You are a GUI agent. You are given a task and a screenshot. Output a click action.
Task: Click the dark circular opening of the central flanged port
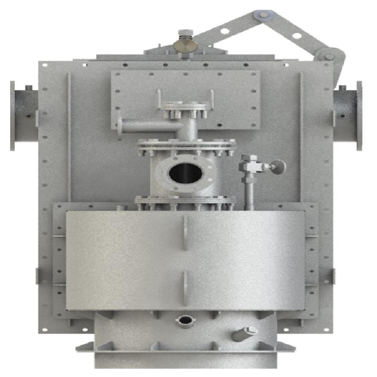click(185, 173)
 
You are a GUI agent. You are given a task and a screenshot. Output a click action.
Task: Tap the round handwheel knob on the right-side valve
click(278, 167)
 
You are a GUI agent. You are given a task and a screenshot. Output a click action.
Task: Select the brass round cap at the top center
click(185, 45)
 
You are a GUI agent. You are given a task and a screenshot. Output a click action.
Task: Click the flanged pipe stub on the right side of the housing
click(348, 115)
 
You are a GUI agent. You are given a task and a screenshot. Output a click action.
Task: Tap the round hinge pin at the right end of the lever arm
click(330, 57)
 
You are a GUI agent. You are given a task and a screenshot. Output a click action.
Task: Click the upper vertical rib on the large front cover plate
click(185, 233)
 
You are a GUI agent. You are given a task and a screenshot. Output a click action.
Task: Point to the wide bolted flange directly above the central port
click(187, 145)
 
